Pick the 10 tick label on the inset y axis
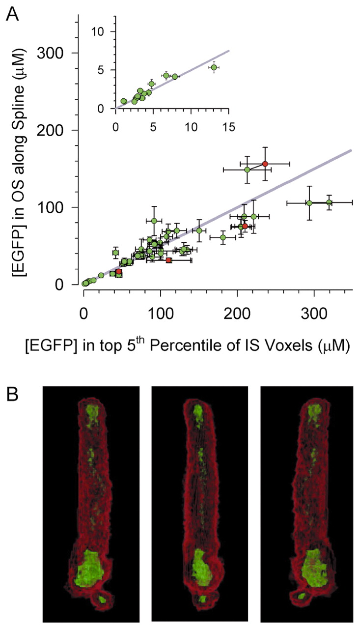pyautogui.click(x=102, y=31)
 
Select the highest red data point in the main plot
pyautogui.click(x=265, y=164)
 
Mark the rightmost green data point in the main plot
pyautogui.click(x=329, y=202)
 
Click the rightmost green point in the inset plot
pyautogui.click(x=214, y=67)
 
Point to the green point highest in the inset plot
pyautogui.click(x=214, y=67)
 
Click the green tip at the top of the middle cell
pyautogui.click(x=198, y=411)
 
